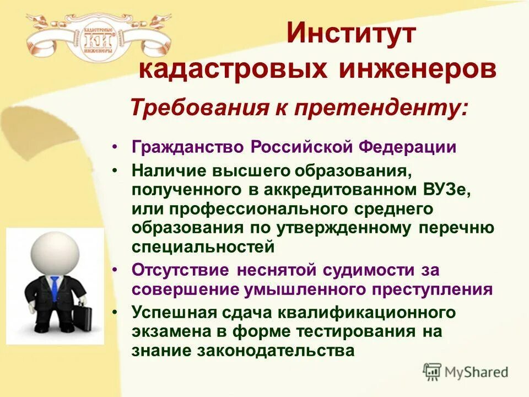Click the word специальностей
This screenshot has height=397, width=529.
[203, 246]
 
